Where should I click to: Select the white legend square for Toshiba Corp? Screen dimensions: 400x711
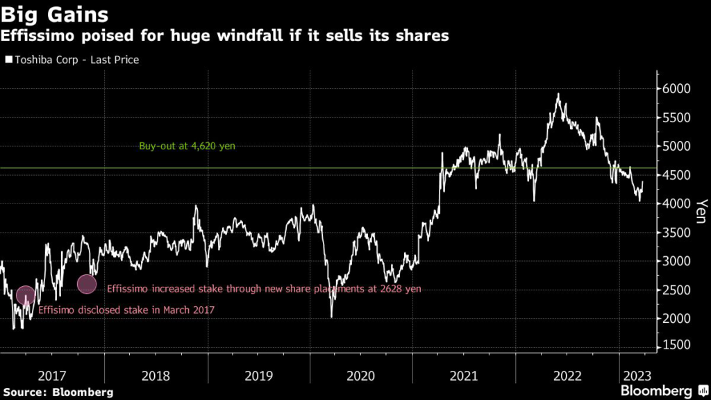8,60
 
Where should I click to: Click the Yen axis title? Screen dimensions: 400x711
701,212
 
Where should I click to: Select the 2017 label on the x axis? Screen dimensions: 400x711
52,376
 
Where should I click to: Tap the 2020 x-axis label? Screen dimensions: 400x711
361,376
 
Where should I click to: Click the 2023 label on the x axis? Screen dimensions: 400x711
635,376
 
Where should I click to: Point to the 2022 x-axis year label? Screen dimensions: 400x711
567,376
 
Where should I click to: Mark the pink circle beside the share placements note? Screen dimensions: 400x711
87,284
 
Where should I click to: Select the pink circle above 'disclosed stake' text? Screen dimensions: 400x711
26,296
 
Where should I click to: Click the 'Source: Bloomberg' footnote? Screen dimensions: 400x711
57,392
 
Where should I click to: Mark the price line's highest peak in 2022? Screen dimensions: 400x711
558,94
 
